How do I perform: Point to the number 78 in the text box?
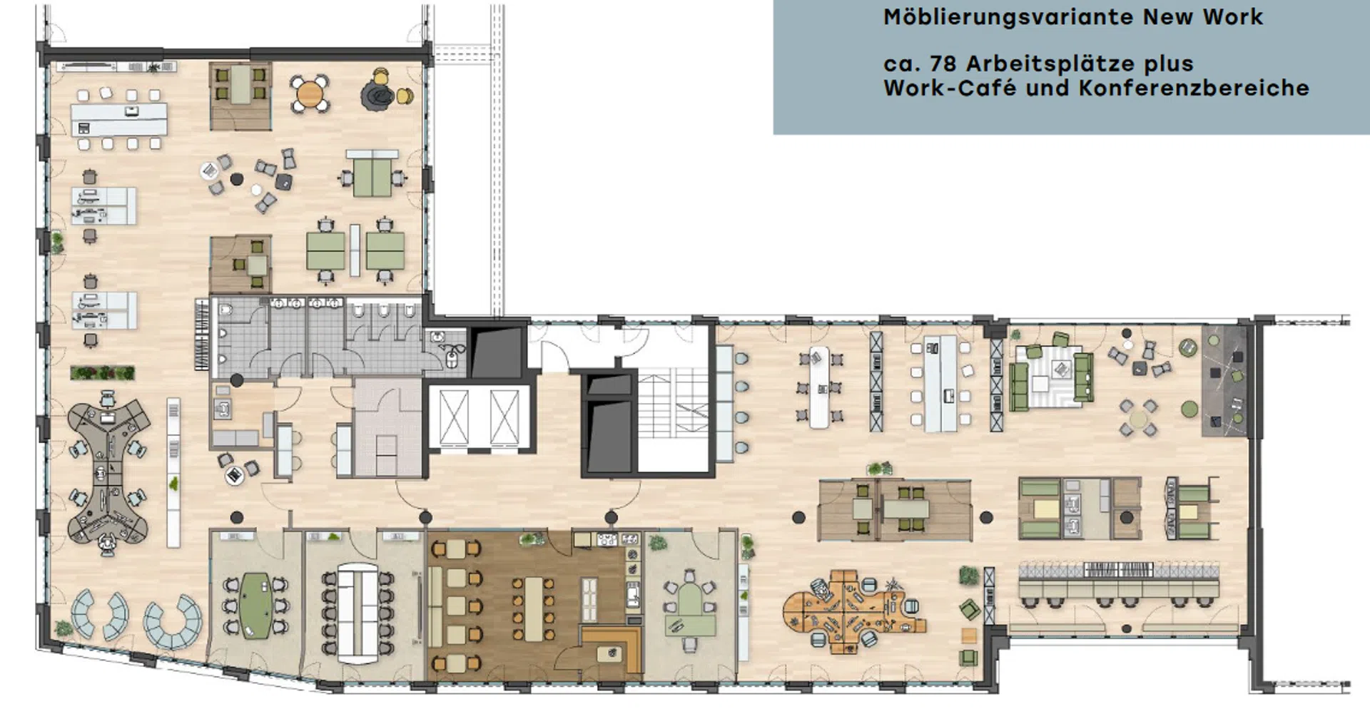[x=943, y=63]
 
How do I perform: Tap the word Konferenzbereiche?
[x=1194, y=88]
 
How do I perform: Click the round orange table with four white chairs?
[x=309, y=93]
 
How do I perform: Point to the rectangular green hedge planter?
[x=102, y=372]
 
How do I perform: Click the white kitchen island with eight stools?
[x=119, y=120]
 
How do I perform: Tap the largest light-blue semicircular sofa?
[x=173, y=623]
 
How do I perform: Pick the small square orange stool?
[x=968, y=635]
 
